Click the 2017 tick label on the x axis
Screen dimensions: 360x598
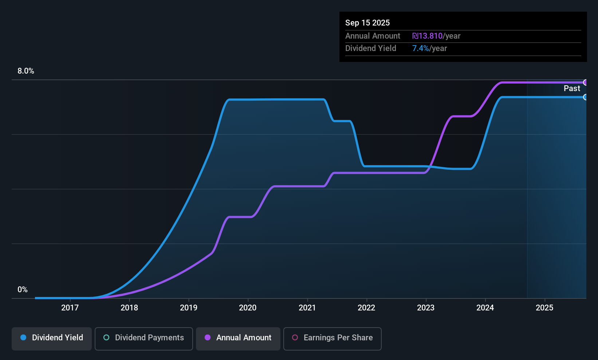(70, 308)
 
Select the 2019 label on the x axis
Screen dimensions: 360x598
(188, 308)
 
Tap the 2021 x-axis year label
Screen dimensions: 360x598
(307, 308)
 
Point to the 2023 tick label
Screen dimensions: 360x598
(425, 308)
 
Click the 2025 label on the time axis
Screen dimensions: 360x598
(544, 308)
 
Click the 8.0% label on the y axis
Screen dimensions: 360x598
(26, 71)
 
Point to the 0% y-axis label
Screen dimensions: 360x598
(23, 290)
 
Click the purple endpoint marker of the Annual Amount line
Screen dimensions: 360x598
(585, 82)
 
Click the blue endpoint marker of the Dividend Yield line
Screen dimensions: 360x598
(585, 97)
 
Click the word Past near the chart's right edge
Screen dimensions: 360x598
(571, 89)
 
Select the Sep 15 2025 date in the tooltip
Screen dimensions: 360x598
(367, 23)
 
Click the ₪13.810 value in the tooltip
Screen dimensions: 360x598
(427, 36)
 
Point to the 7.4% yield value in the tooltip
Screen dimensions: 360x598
(420, 48)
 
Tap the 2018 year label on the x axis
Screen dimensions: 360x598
(129, 308)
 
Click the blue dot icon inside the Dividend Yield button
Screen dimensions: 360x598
(23, 337)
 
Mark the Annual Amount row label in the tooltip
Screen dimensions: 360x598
(372, 36)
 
